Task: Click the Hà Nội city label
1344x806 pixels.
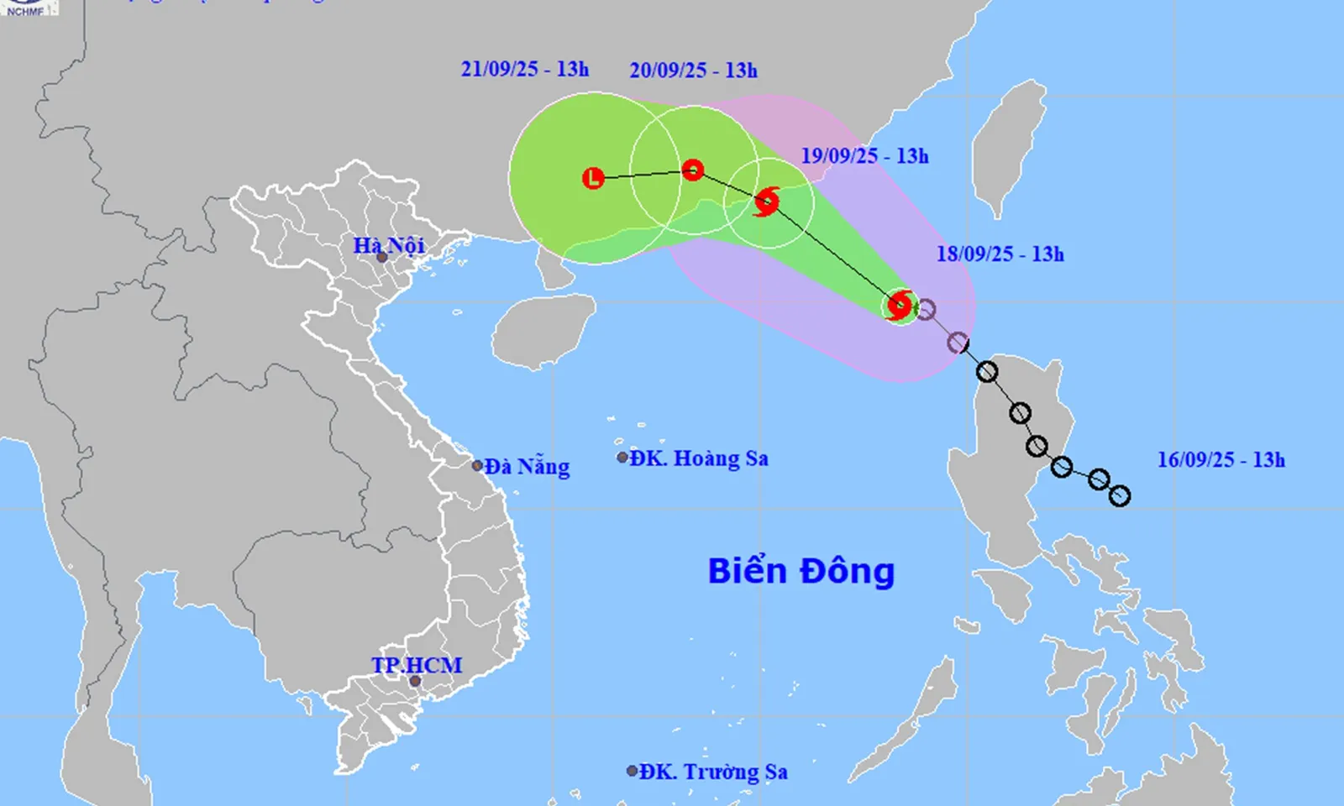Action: [388, 245]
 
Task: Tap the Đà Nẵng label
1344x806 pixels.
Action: [527, 466]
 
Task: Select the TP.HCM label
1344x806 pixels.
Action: [417, 665]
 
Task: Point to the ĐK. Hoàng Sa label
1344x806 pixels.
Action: [699, 458]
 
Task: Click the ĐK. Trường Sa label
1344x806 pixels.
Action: [713, 772]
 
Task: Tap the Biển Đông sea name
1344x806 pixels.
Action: [801, 571]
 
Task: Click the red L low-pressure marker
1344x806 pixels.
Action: [594, 178]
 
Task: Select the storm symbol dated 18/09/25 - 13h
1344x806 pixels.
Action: [900, 305]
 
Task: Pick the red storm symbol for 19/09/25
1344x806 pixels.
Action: [766, 201]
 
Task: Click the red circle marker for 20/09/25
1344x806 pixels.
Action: [692, 170]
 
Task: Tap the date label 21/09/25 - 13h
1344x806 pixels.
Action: [525, 69]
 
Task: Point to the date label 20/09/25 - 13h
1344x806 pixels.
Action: [694, 71]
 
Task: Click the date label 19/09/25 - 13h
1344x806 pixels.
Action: [864, 156]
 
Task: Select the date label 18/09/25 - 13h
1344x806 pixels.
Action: [1000, 254]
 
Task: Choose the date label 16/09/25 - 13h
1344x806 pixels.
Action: [1221, 459]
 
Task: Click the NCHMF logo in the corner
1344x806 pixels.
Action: [28, 8]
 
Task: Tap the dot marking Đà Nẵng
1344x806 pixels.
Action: [477, 466]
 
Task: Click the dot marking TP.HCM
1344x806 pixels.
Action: [415, 681]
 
